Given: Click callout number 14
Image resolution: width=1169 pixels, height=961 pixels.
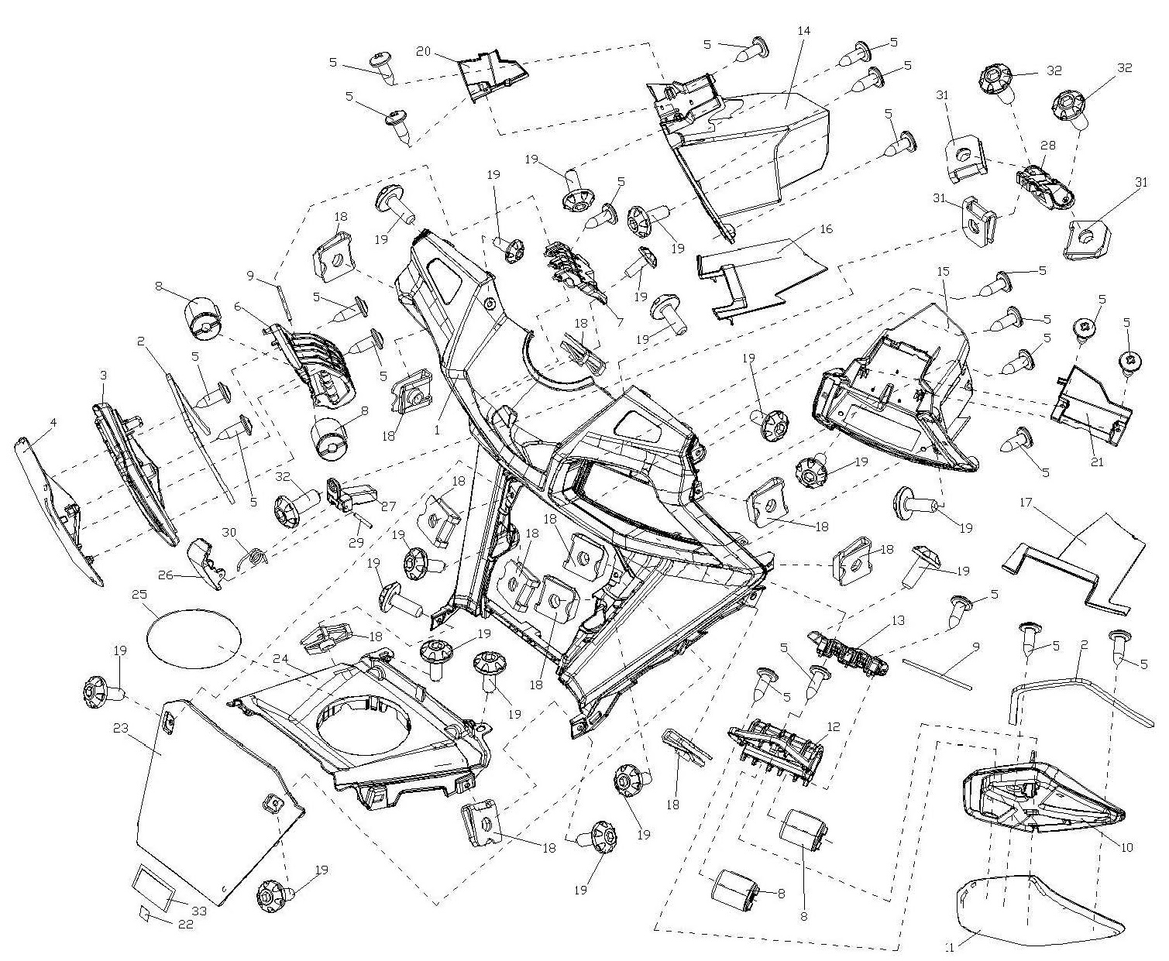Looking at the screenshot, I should [x=803, y=30].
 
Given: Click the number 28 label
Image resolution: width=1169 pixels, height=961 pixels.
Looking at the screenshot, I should [x=1047, y=144].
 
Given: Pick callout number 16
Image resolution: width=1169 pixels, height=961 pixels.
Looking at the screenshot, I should [x=826, y=230].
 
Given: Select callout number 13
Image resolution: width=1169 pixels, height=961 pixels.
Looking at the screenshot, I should [x=898, y=620].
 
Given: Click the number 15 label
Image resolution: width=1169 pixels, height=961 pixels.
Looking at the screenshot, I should [x=943, y=273].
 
